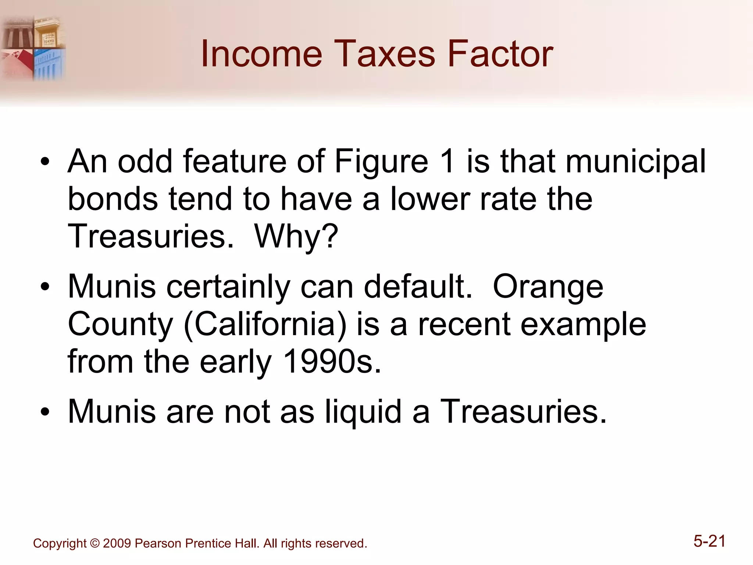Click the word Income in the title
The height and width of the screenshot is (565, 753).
[261, 54]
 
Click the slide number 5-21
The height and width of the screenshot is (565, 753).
[709, 541]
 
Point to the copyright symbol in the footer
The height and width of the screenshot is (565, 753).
[94, 543]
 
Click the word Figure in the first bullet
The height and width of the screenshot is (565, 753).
[381, 162]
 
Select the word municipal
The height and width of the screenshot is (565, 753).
[636, 162]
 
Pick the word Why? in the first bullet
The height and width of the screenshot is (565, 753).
[296, 236]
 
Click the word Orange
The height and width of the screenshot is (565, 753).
[548, 287]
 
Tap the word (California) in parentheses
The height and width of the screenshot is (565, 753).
[265, 324]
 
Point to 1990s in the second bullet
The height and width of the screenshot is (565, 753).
[332, 362]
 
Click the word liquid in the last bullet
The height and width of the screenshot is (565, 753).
[363, 412]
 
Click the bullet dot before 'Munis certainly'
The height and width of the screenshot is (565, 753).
[45, 287]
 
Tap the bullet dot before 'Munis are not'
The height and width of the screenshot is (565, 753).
[45, 412]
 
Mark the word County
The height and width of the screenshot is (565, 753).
[120, 324]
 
